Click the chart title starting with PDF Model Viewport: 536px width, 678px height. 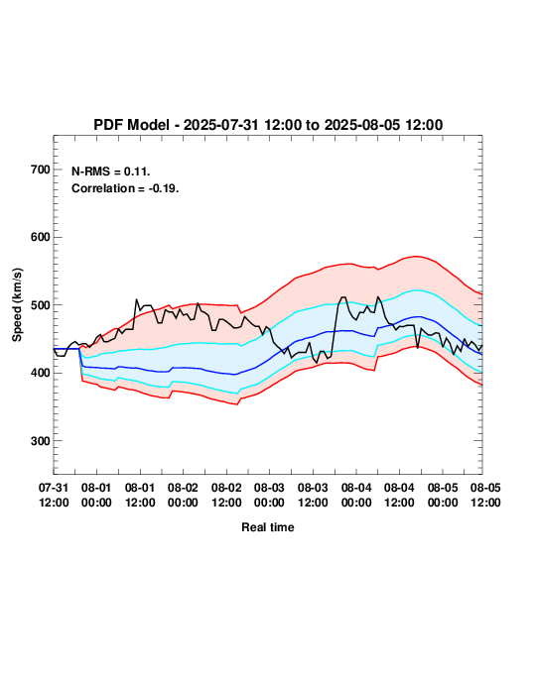(x=268, y=125)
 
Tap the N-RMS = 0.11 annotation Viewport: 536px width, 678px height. (x=111, y=171)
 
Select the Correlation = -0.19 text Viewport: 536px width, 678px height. (x=125, y=188)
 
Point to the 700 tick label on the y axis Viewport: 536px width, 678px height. (x=41, y=169)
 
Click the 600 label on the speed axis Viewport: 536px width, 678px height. (x=41, y=237)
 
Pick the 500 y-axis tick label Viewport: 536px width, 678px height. (x=41, y=305)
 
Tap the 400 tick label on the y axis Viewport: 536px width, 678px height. (x=41, y=373)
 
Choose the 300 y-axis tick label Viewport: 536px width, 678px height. (x=41, y=441)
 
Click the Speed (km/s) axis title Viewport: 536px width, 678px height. (x=17, y=305)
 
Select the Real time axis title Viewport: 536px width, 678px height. (x=268, y=527)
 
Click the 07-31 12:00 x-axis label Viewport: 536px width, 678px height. (x=54, y=495)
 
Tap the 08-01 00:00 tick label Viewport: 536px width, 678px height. (x=96, y=495)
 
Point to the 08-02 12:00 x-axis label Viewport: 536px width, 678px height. (x=226, y=495)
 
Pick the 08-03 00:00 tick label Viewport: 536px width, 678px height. (x=269, y=495)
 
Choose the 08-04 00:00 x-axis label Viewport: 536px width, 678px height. (x=356, y=495)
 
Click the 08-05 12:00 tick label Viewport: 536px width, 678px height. (x=485, y=495)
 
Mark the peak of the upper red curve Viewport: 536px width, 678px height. (x=416, y=257)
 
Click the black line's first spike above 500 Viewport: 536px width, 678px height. (x=136, y=299)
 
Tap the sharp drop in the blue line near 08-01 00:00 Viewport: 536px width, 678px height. (x=81, y=358)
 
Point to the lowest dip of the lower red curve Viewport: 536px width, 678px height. (x=237, y=404)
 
